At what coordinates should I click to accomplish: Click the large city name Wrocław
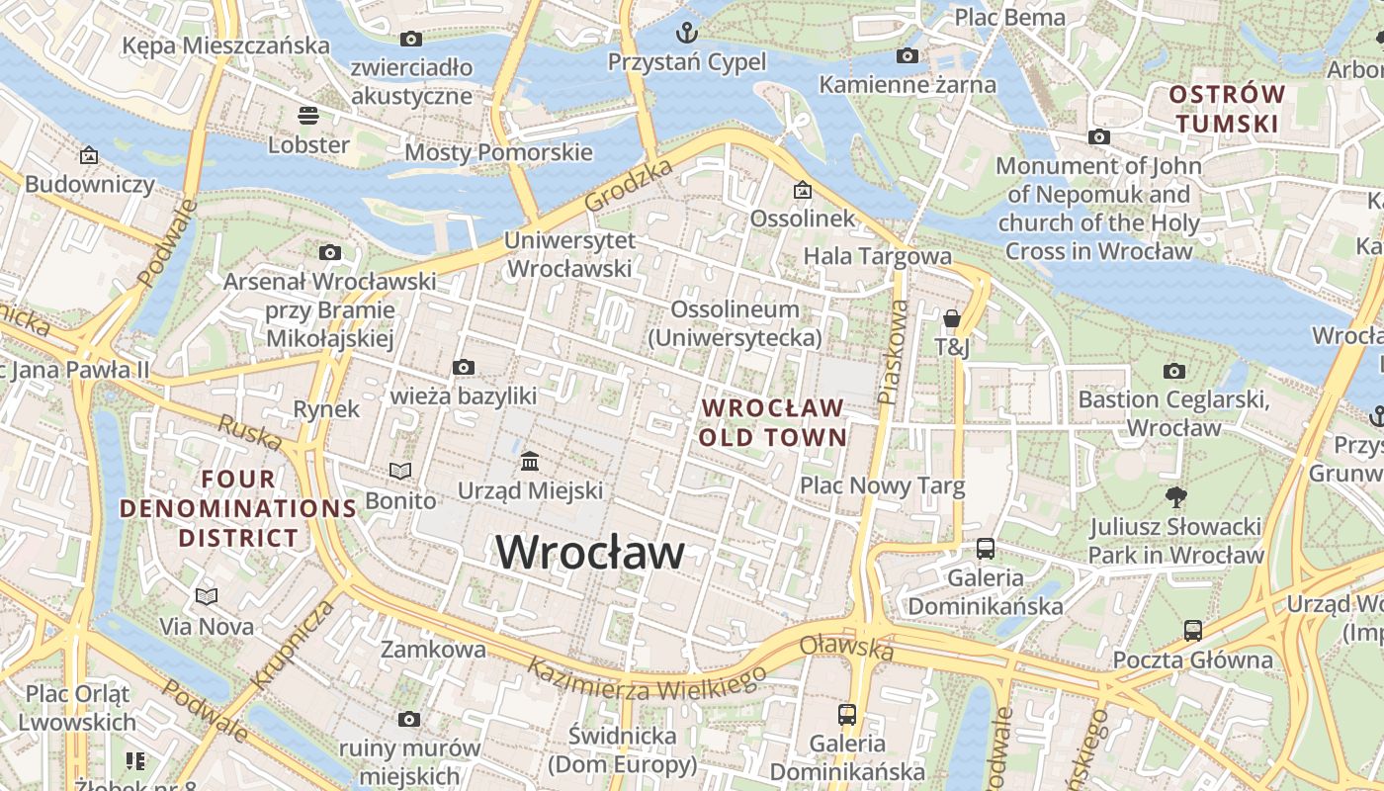[x=589, y=552]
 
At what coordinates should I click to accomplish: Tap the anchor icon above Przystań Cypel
[x=686, y=34]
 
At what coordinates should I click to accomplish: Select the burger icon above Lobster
[x=308, y=116]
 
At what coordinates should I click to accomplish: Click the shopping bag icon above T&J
[x=952, y=318]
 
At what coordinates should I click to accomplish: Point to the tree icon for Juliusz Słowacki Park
[x=1175, y=496]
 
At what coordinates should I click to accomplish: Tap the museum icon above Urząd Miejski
[x=530, y=462]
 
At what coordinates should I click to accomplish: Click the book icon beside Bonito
[x=400, y=472]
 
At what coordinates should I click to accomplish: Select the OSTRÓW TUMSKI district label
[x=1226, y=110]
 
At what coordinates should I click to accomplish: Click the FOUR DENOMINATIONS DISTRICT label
[x=238, y=508]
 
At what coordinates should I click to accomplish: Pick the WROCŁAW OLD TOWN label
[x=772, y=422]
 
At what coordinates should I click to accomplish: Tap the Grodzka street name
[x=628, y=185]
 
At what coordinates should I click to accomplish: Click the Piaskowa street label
[x=893, y=352]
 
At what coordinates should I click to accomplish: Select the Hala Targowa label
[x=877, y=256]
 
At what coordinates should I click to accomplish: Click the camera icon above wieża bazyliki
[x=463, y=368]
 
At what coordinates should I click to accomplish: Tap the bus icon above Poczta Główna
[x=1193, y=630]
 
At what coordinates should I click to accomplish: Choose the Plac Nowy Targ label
[x=882, y=485]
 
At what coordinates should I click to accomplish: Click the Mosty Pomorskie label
[x=498, y=152]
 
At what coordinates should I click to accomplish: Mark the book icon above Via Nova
[x=207, y=596]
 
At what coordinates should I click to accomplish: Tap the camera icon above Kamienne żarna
[x=907, y=56]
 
